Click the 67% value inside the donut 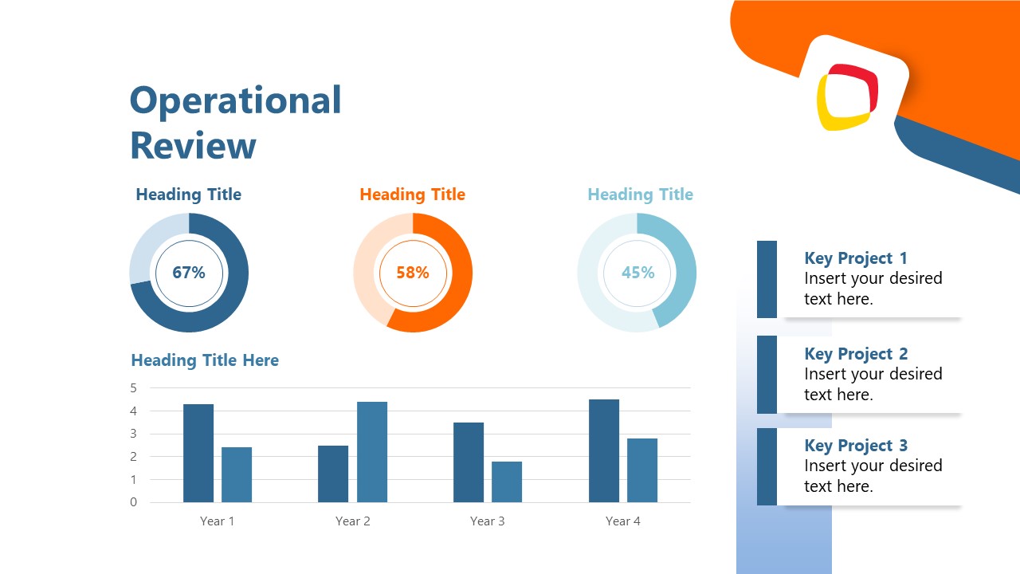point(189,273)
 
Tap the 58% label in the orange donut point(413,273)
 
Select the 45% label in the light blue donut point(637,273)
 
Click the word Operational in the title point(235,101)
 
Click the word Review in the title point(193,146)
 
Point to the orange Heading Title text point(412,195)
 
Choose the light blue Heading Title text point(640,195)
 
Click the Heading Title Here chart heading point(205,360)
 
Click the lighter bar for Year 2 point(372,452)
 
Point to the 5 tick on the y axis point(134,388)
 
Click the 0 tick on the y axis point(134,502)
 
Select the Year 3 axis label point(487,521)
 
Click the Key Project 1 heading point(856,258)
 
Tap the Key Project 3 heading point(856,446)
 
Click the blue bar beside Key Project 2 point(767,374)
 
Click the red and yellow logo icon point(847,97)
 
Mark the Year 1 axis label point(217,521)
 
